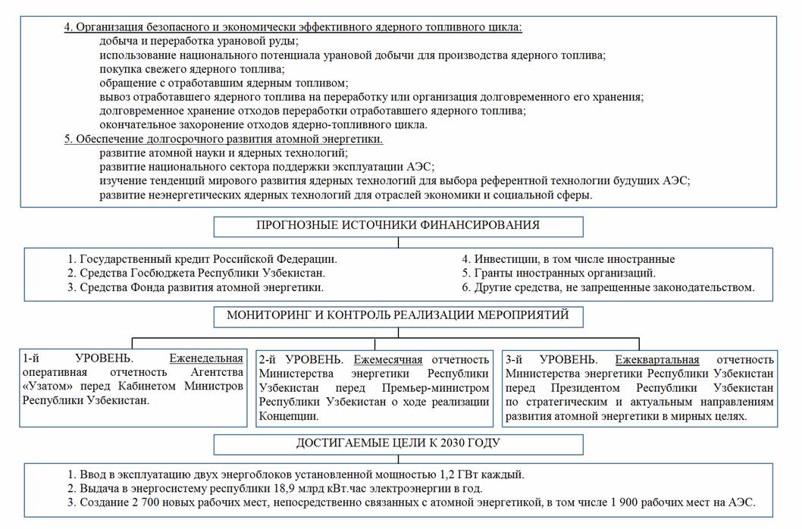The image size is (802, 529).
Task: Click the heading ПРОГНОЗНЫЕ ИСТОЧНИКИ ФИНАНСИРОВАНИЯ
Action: (398, 225)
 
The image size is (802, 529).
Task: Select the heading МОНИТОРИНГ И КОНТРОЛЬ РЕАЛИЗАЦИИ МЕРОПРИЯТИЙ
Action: (398, 315)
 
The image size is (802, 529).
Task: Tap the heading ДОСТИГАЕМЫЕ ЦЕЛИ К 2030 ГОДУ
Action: (398, 443)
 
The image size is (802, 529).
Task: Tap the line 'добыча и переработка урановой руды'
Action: (199, 41)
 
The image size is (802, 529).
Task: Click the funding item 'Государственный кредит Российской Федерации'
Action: (208, 259)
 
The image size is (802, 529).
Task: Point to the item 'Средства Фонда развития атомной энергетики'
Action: (202, 287)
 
